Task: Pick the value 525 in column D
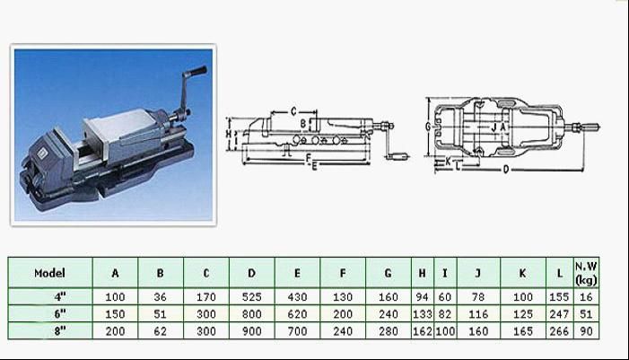click(x=252, y=295)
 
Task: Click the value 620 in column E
click(x=297, y=313)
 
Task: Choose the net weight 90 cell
click(x=586, y=331)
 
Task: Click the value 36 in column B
click(x=161, y=295)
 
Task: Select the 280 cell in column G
click(x=388, y=331)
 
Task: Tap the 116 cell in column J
click(x=477, y=313)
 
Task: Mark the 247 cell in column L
click(x=558, y=313)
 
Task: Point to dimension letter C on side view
click(x=294, y=111)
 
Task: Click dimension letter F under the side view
click(x=307, y=158)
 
